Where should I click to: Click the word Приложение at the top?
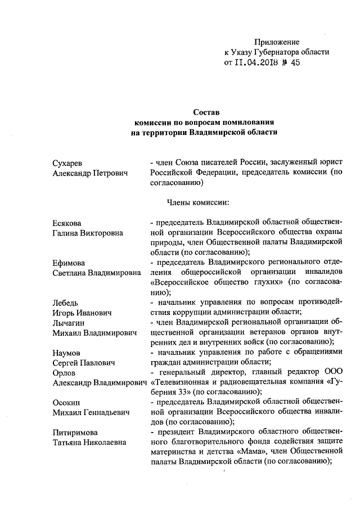point(277,42)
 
